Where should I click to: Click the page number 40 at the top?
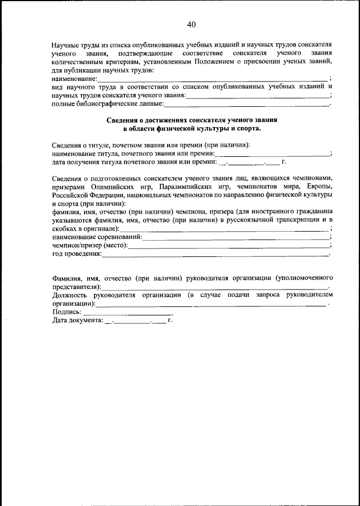coord(191,24)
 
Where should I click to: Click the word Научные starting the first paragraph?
coord(65,44)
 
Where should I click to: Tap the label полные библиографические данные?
coord(107,104)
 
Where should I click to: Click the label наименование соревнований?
coord(97,237)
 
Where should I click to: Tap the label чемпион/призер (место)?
coord(90,246)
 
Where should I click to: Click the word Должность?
coord(70,295)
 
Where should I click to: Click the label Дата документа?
coord(78,320)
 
